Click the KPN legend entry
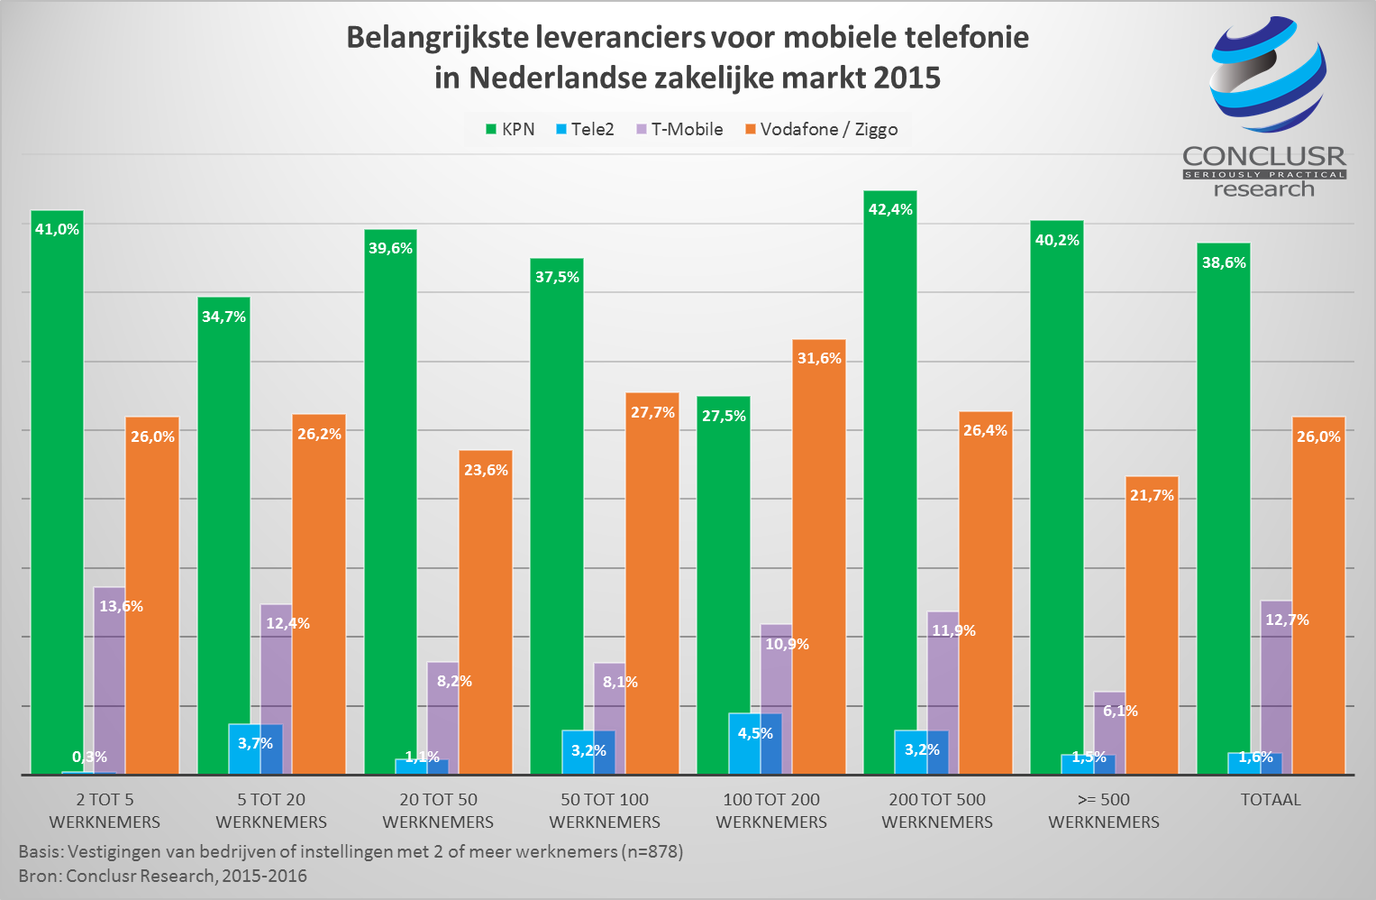pyautogui.click(x=510, y=129)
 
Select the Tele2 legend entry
pyautogui.click(x=585, y=129)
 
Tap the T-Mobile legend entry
pyautogui.click(x=679, y=129)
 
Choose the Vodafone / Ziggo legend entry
pyautogui.click(x=821, y=129)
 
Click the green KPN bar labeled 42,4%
pyautogui.click(x=889, y=478)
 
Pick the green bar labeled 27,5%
pyautogui.click(x=723, y=577)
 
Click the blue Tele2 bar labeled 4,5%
pyautogui.click(x=755, y=744)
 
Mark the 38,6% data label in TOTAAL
pyautogui.click(x=1224, y=262)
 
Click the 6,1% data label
pyautogui.click(x=1120, y=711)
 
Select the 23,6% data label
pyautogui.click(x=486, y=470)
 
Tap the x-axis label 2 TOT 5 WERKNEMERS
pyautogui.click(x=105, y=810)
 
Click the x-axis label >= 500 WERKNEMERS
pyautogui.click(x=1104, y=810)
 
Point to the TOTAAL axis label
pyautogui.click(x=1271, y=799)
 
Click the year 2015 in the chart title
pyautogui.click(x=906, y=78)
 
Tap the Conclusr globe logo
pyautogui.click(x=1268, y=74)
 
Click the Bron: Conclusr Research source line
pyautogui.click(x=162, y=876)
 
